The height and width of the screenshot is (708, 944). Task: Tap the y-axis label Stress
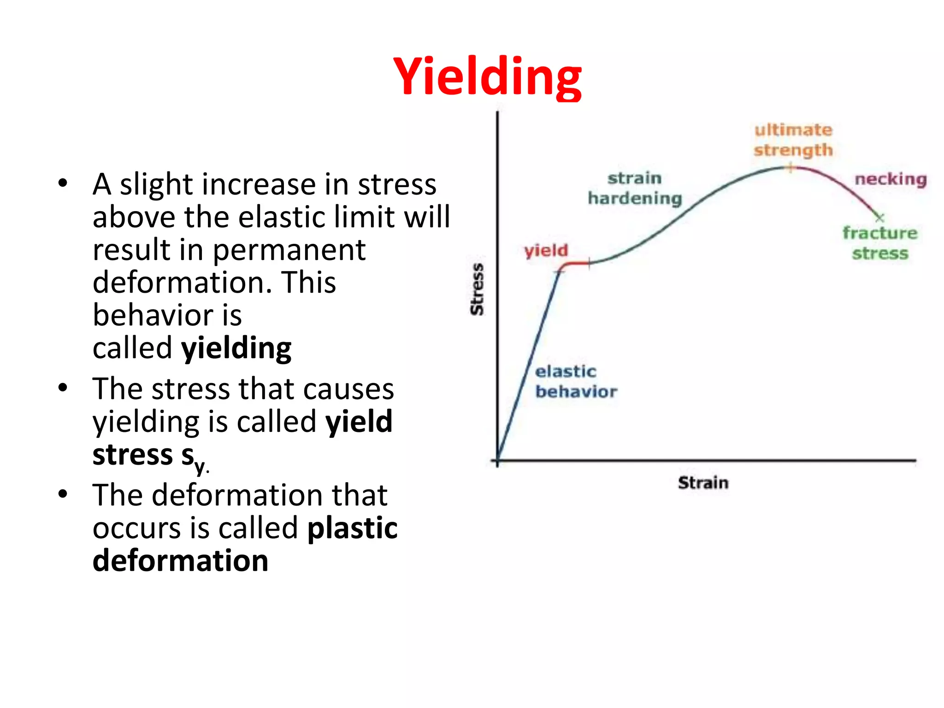coord(478,289)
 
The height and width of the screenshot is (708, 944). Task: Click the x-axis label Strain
coord(703,483)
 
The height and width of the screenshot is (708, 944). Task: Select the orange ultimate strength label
coord(793,140)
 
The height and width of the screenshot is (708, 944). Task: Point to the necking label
coord(890,179)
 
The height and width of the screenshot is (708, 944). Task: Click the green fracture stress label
coord(879,243)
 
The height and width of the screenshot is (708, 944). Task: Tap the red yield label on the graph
coord(546,250)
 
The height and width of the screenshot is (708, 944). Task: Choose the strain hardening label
coord(635,188)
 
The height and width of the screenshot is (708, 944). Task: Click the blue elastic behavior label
coord(575,381)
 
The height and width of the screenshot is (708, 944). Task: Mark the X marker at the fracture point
coord(879,217)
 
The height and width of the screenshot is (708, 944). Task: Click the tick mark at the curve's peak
coord(790,168)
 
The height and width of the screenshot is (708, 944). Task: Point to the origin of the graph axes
coord(497,460)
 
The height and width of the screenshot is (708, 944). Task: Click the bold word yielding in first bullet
coord(236,348)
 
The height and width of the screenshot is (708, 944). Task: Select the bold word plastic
coord(352,528)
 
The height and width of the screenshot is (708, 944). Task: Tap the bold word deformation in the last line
coord(180,561)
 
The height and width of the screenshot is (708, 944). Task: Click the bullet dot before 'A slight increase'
coord(63,183)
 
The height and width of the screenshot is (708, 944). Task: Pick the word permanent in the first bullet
coord(289,250)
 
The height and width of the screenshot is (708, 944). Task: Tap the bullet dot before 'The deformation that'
coord(63,494)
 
